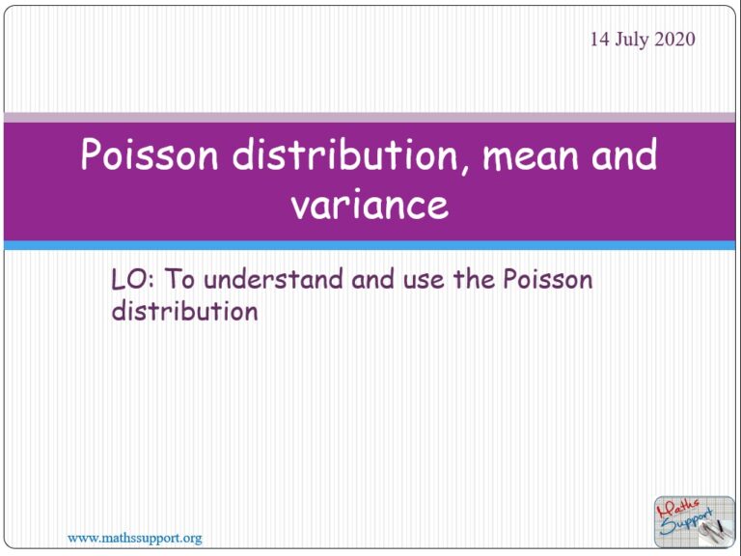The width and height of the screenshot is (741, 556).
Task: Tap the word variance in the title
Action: tap(370, 205)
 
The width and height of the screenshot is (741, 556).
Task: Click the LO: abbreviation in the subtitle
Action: tap(133, 280)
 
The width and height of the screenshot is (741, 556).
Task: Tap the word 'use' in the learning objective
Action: tap(424, 280)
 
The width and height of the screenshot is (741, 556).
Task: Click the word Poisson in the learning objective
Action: tap(548, 280)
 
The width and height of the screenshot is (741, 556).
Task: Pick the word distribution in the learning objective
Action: tap(184, 312)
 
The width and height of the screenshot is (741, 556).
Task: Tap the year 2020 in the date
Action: tap(674, 40)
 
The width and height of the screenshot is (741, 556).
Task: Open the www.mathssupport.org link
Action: tap(134, 537)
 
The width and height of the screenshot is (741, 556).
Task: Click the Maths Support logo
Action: tap(694, 520)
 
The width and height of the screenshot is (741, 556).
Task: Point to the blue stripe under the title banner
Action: tap(370, 246)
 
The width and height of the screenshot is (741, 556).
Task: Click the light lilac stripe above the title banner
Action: tap(370, 117)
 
